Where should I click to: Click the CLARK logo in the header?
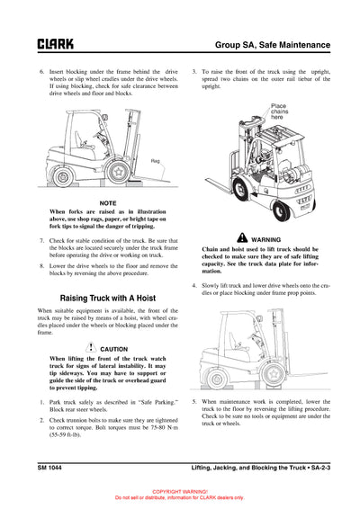click(49, 43)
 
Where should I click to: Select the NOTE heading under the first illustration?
click(108, 203)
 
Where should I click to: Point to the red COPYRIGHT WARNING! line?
click(180, 492)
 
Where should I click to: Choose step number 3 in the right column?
click(195, 69)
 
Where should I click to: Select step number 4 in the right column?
click(195, 286)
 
